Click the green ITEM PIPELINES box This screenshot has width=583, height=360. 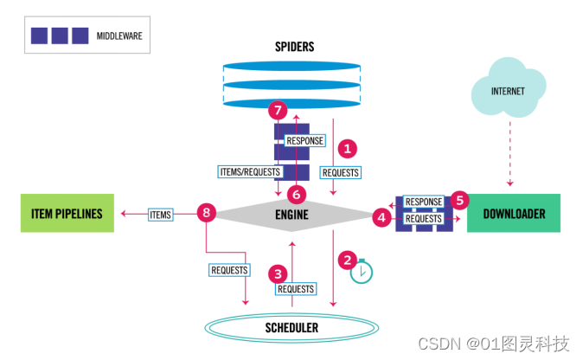(67, 213)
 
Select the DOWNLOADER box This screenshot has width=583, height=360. (514, 213)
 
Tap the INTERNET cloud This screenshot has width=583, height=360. (509, 87)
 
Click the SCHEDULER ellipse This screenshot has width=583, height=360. (291, 328)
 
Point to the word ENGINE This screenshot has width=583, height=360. (291, 215)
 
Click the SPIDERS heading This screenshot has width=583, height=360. (294, 47)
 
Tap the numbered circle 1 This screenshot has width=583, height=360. (347, 149)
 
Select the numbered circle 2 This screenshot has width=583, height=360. (347, 260)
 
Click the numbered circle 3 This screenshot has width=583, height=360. (278, 274)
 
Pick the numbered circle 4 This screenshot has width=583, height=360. (381, 217)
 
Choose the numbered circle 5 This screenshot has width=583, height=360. (459, 200)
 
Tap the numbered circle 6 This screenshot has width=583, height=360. (297, 194)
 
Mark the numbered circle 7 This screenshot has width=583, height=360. (278, 110)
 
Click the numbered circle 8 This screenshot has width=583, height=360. (207, 212)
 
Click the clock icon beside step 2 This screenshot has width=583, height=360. (362, 272)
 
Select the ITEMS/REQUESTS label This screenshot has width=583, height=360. (250, 172)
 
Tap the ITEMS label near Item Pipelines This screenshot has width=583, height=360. (161, 215)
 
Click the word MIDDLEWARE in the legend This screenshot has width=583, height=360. (119, 35)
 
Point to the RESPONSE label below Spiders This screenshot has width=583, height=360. (304, 140)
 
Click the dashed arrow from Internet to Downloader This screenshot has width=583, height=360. (509, 153)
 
